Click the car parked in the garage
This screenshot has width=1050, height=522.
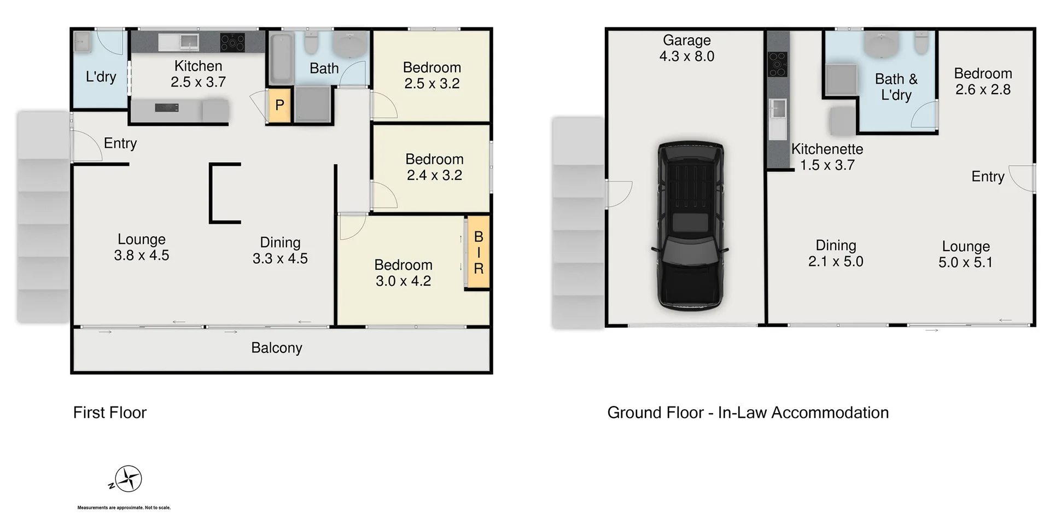point(690,226)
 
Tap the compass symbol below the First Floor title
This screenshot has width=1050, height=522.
point(129,479)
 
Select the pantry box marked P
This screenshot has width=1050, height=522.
point(279,105)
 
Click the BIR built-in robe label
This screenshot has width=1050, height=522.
point(478,252)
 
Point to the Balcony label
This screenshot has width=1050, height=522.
point(277,348)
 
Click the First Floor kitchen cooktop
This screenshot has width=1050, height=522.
point(232,42)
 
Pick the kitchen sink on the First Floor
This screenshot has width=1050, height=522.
point(179,42)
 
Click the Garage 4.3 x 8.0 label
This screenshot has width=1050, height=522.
point(687,48)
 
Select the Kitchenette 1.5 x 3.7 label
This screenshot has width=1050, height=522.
point(827,157)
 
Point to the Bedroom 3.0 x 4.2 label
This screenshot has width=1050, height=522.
point(403,273)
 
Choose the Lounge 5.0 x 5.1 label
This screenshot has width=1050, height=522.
point(966,254)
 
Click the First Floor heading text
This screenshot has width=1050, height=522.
point(110,413)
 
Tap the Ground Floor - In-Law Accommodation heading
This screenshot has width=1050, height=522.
point(748,413)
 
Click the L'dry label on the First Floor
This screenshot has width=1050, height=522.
point(101,77)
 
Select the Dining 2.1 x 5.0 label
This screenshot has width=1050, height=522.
point(836,253)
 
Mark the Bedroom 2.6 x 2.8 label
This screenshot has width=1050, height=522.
point(983,82)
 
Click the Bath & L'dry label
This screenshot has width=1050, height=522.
point(896,87)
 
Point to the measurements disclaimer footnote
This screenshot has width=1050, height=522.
point(124,508)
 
